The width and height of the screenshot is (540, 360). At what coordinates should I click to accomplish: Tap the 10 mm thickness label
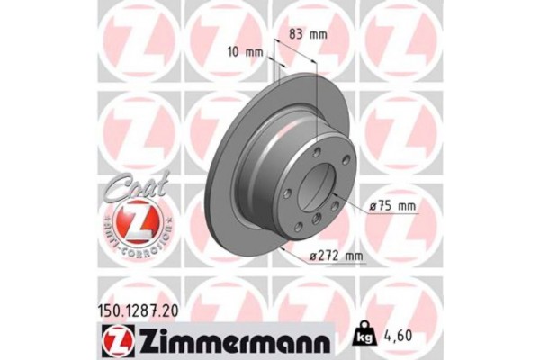point(247,51)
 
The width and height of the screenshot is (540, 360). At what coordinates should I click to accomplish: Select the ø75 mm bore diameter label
point(394,206)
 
